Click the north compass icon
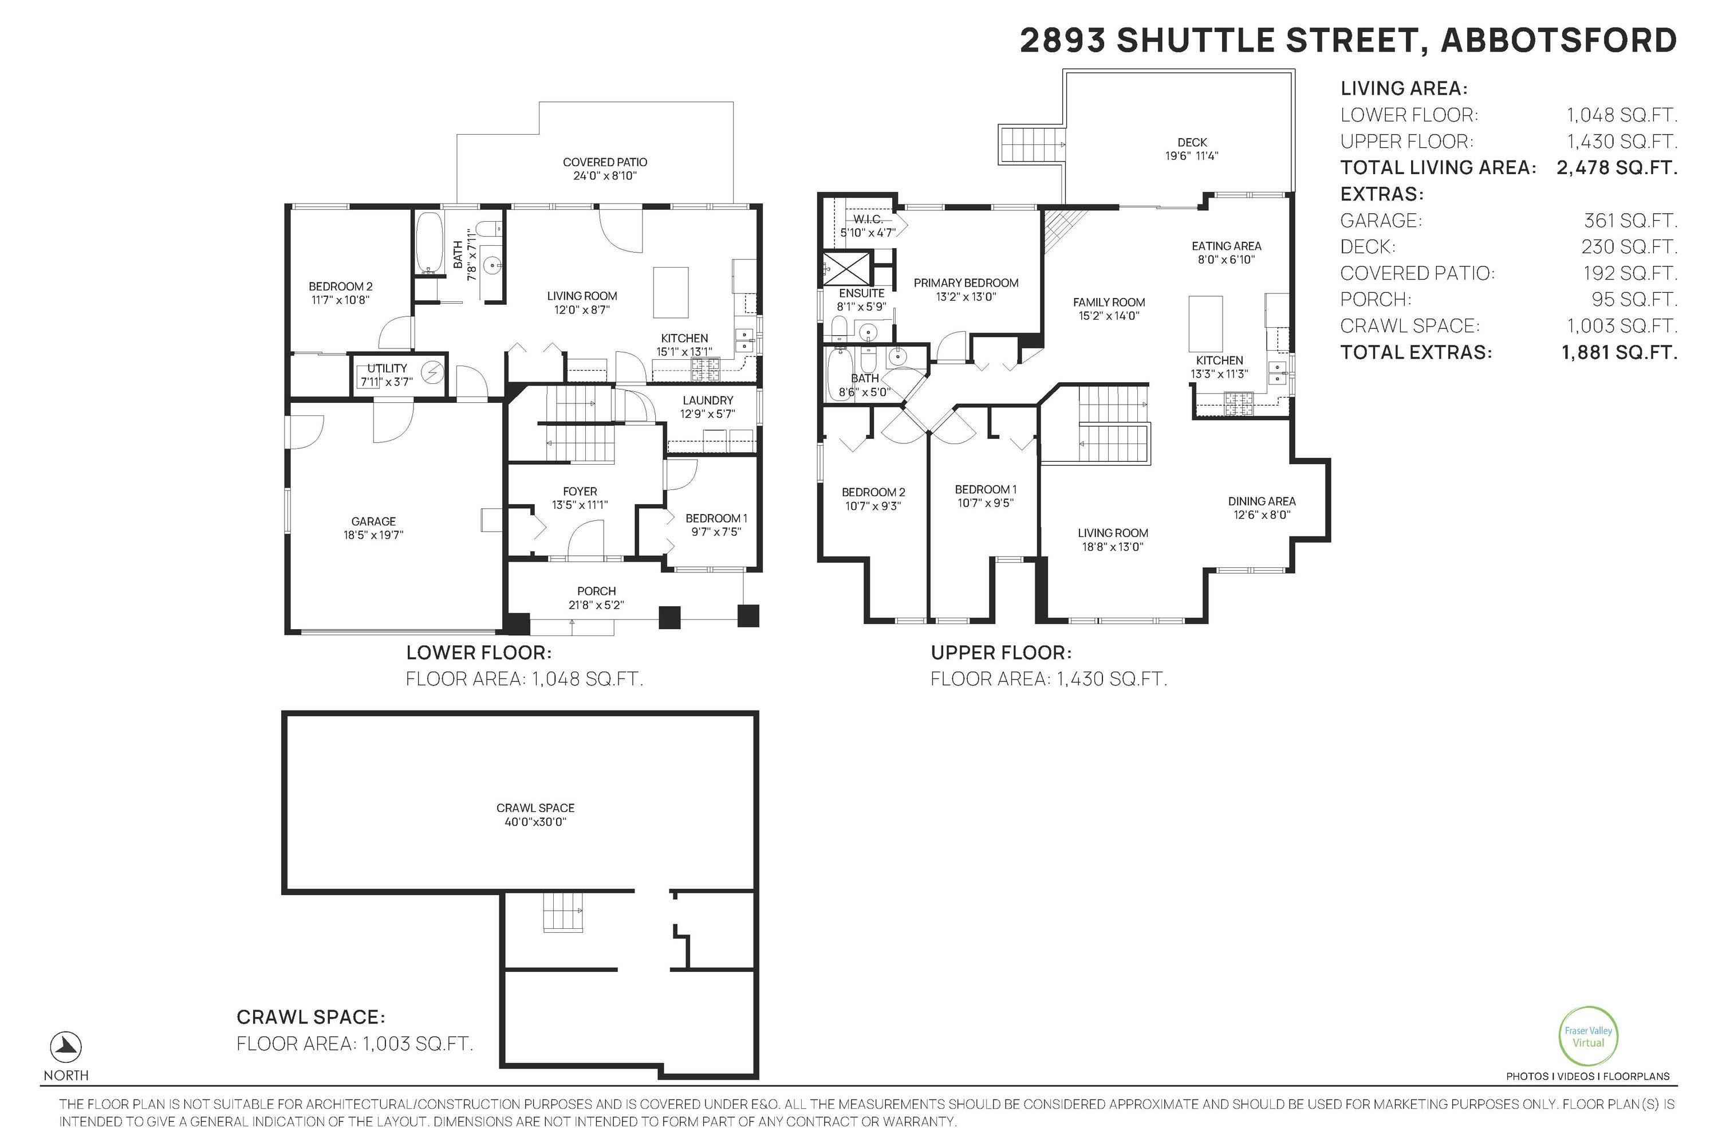tap(66, 1047)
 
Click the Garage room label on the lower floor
tap(373, 528)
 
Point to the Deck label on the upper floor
tap(1192, 149)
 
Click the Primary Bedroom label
tap(966, 289)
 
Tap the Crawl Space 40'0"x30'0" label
tap(535, 814)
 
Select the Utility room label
tap(387, 375)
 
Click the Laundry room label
tap(707, 407)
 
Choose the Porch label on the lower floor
tap(596, 598)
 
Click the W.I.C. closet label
tap(868, 226)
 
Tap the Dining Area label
tap(1262, 508)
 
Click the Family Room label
tap(1109, 308)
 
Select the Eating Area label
tap(1227, 253)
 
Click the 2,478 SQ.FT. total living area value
tap(1617, 167)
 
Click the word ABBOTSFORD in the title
tap(1558, 40)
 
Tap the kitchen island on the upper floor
tap(1206, 324)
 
